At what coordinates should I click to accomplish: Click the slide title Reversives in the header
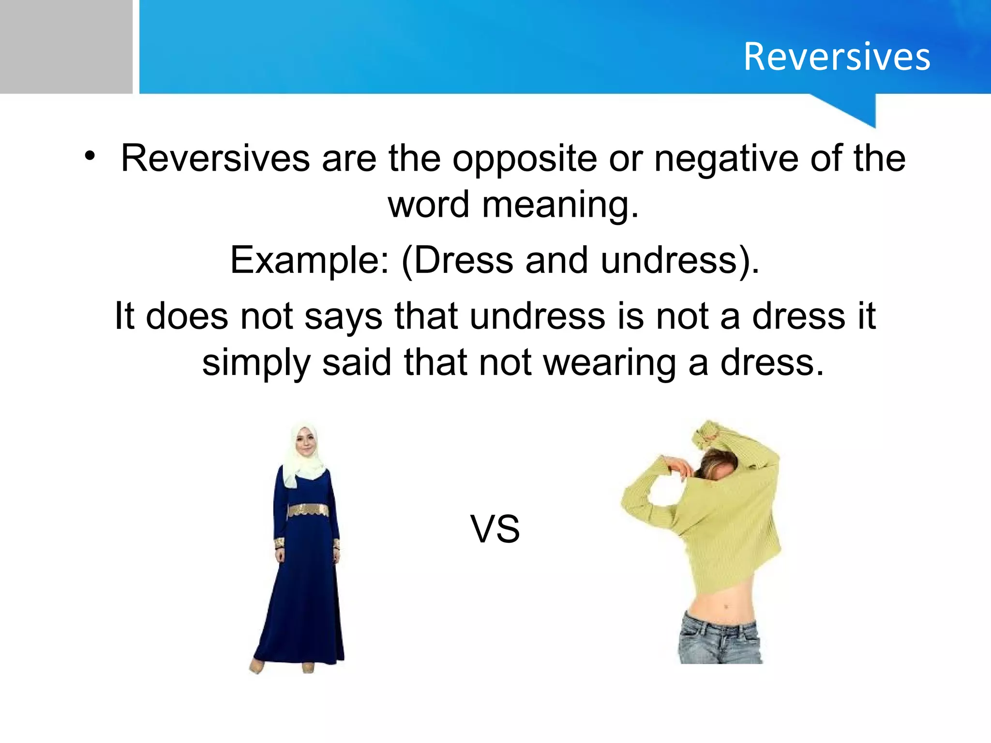pyautogui.click(x=837, y=57)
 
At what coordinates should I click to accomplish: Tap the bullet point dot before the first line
pyautogui.click(x=89, y=156)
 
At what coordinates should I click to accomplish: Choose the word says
pyautogui.click(x=343, y=317)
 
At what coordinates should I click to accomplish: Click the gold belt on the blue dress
pyautogui.click(x=308, y=510)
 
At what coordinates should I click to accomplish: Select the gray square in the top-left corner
pyautogui.click(x=66, y=46)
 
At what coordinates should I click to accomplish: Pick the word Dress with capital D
pyautogui.click(x=463, y=260)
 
